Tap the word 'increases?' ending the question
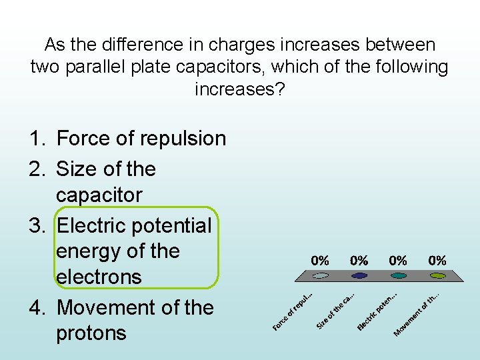(239, 89)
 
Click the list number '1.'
(37, 139)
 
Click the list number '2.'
(37, 169)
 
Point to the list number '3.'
(37, 225)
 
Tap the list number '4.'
(37, 308)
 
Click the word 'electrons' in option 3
(99, 277)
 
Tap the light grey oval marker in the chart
(321, 275)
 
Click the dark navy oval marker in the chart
(359, 275)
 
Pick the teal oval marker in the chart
(399, 275)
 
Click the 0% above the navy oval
(359, 260)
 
